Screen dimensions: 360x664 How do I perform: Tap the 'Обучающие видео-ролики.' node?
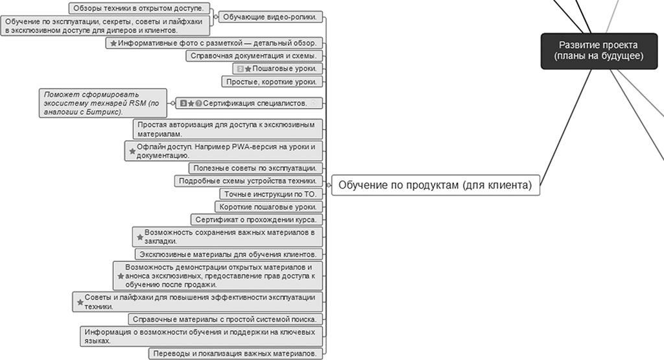click(x=269, y=17)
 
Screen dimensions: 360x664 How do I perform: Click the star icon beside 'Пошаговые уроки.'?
click(x=248, y=69)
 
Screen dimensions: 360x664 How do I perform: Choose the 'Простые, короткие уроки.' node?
click(x=271, y=82)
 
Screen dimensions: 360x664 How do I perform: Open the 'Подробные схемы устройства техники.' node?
click(x=247, y=181)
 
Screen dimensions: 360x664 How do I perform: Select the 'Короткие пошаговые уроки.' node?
click(x=267, y=207)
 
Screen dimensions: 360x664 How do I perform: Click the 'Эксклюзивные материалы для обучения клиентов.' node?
click(x=228, y=254)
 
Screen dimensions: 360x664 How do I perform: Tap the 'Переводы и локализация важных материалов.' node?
click(x=235, y=354)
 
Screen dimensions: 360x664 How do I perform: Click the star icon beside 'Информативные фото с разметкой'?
click(x=113, y=43)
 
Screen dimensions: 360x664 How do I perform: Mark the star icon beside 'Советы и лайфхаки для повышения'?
click(x=80, y=302)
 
